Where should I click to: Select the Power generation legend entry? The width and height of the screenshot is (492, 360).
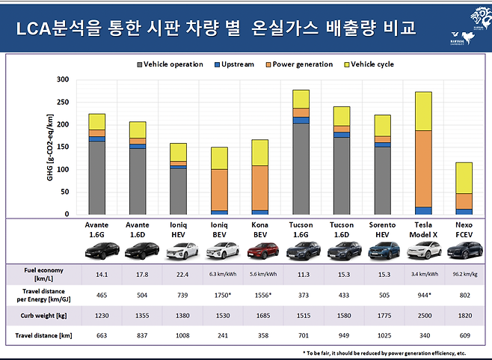[304, 64]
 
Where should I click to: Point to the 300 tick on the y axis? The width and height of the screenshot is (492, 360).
[62, 79]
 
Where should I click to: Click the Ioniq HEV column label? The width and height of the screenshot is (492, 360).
[179, 228]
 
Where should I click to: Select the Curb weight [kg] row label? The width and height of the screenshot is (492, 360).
[44, 315]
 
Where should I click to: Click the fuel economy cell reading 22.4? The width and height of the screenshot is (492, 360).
[179, 274]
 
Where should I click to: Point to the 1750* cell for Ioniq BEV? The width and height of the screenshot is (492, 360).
[220, 295]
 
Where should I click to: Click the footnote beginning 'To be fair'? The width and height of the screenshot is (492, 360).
[384, 352]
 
